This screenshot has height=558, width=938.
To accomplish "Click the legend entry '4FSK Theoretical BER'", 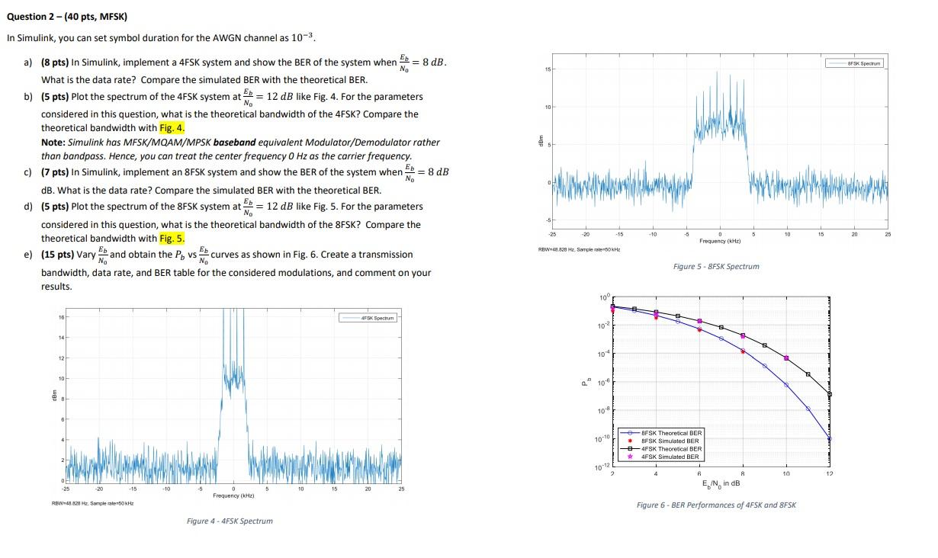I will [671, 449].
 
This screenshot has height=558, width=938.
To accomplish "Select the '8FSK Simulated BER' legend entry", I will [670, 441].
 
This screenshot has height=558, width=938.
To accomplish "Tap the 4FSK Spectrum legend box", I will [368, 317].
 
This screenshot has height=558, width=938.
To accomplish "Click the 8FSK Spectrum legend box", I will [856, 64].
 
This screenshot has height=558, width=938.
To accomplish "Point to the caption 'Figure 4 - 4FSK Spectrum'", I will [230, 521].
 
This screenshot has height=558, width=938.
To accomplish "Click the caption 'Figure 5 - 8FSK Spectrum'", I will [716, 267].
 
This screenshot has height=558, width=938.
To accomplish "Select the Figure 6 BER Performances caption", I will [716, 505].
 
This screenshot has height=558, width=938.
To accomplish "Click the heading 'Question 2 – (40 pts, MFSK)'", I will [56, 16].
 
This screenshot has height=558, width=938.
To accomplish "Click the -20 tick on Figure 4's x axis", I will [98, 489].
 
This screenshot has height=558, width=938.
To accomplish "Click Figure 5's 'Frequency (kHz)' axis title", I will [721, 241].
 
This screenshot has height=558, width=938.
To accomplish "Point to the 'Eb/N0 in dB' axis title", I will [721, 483].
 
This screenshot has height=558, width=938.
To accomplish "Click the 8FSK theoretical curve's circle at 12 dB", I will [830, 438].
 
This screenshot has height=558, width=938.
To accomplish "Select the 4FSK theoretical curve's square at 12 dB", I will [830, 394].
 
